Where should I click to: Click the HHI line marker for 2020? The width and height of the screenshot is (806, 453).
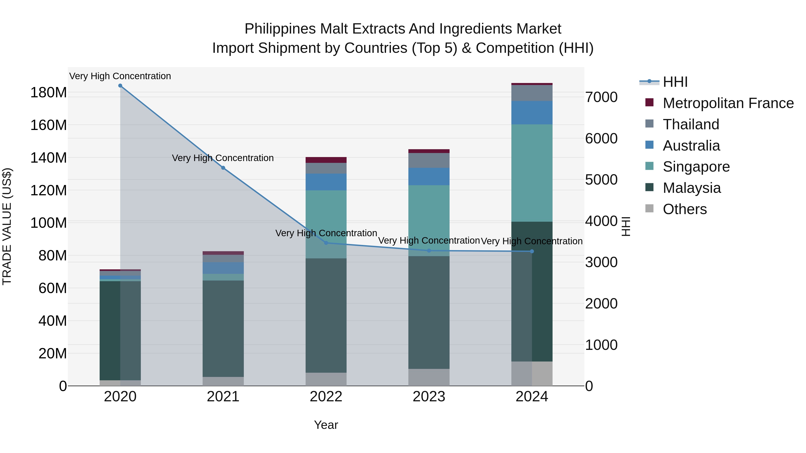tap(120, 86)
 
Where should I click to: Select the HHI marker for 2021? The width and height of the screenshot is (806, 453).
tap(223, 168)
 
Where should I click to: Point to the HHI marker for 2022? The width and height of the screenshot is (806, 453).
tap(326, 243)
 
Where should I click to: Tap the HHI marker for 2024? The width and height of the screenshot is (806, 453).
tap(532, 251)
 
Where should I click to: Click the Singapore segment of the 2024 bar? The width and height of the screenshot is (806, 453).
tap(532, 173)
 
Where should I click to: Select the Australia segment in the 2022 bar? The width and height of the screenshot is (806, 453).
tap(326, 182)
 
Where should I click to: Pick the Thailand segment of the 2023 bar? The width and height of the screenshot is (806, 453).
tap(429, 160)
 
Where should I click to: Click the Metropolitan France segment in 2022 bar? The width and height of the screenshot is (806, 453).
tap(326, 160)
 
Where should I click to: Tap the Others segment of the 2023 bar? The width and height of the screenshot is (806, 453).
tap(429, 377)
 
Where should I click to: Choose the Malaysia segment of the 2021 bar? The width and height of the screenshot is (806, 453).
tap(223, 328)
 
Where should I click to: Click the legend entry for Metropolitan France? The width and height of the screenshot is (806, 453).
tap(728, 103)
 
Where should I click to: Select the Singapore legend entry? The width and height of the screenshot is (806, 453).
tap(696, 167)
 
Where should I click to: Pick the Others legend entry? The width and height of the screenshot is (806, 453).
tap(685, 209)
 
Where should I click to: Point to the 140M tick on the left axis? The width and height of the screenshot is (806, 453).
tap(49, 157)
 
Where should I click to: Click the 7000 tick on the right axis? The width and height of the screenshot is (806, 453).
tap(601, 97)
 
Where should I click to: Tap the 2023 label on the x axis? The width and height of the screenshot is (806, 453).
tap(429, 397)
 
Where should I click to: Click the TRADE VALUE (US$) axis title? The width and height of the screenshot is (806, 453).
tap(7, 226)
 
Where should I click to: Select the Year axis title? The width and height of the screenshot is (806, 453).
tap(326, 425)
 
